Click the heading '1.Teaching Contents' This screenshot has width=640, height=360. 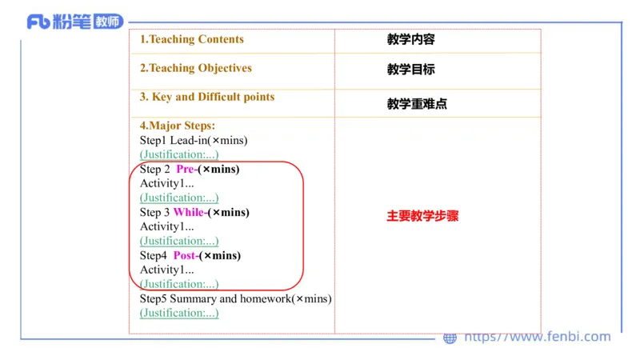pyautogui.click(x=192, y=39)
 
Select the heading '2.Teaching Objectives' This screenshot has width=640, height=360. pyautogui.click(x=196, y=68)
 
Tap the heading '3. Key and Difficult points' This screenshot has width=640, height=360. pyautogui.click(x=207, y=97)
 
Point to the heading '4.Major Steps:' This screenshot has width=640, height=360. pyautogui.click(x=178, y=126)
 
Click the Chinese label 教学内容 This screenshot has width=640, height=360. pyautogui.click(x=410, y=39)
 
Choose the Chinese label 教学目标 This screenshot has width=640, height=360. pyautogui.click(x=410, y=70)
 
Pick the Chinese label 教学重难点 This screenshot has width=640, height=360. pyautogui.click(x=417, y=104)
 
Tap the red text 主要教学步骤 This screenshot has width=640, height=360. pyautogui.click(x=422, y=216)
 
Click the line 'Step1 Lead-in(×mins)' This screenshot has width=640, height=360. pyautogui.click(x=194, y=140)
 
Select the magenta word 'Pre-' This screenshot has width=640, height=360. pyautogui.click(x=186, y=169)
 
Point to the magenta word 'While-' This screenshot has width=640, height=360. pyautogui.click(x=190, y=212)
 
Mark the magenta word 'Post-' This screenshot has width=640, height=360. pyautogui.click(x=186, y=255)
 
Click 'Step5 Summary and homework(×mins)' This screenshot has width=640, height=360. pyautogui.click(x=235, y=298)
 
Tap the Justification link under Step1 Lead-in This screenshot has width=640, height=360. pyautogui.click(x=179, y=154)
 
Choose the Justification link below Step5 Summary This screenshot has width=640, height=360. pyautogui.click(x=179, y=313)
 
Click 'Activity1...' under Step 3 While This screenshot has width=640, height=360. pyautogui.click(x=166, y=226)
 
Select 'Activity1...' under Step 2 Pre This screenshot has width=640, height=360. pyautogui.click(x=166, y=183)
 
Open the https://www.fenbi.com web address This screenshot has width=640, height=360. pyautogui.click(x=538, y=338)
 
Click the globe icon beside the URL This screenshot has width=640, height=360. pyautogui.click(x=450, y=338)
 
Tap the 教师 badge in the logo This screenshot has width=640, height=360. pyautogui.click(x=108, y=22)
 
